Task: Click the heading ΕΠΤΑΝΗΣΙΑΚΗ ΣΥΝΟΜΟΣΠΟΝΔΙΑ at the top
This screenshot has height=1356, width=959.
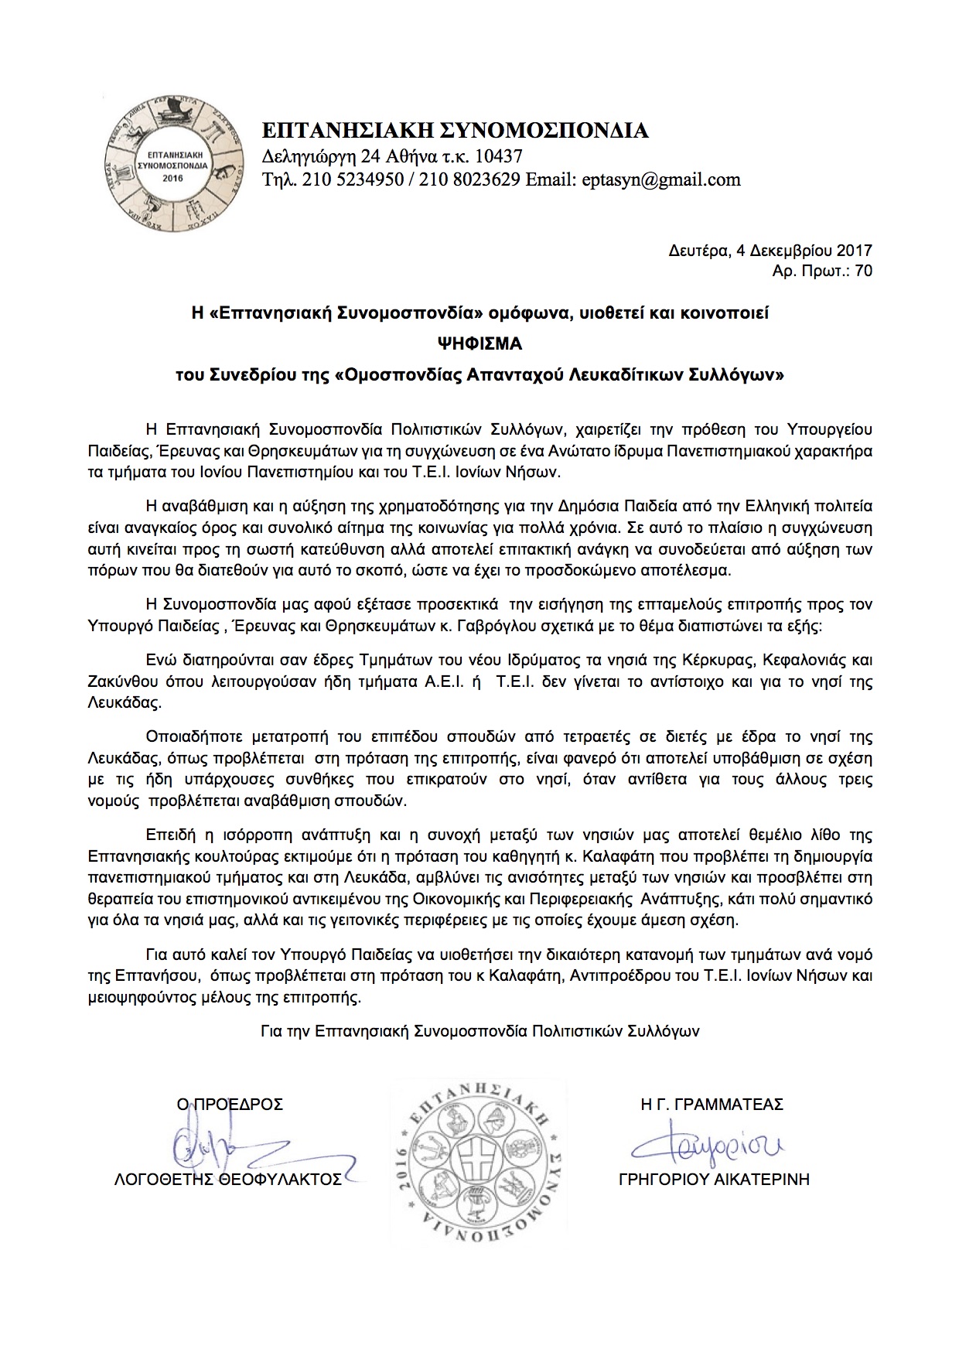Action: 456,130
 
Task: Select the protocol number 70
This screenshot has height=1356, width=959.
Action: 864,271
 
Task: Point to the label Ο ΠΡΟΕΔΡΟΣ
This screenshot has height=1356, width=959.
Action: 230,1105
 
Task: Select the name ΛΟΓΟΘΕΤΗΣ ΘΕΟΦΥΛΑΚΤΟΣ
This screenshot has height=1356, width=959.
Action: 228,1180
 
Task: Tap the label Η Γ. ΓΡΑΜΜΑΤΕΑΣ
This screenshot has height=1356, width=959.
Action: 712,1105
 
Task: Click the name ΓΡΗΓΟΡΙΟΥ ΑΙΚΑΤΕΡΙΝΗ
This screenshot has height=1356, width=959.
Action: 714,1180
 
